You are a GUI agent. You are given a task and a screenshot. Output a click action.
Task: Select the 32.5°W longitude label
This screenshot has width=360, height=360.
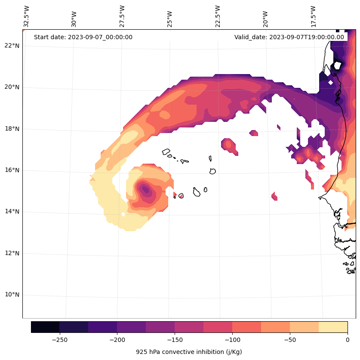(x=27, y=16)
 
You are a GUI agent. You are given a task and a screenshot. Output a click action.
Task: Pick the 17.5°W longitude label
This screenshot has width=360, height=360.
(x=313, y=16)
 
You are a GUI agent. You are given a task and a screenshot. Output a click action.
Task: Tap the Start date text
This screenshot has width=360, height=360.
(x=83, y=37)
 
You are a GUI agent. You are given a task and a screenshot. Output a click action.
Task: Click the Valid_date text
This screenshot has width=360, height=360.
(x=289, y=37)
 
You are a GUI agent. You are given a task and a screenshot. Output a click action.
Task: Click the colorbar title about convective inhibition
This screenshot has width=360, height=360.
(x=189, y=352)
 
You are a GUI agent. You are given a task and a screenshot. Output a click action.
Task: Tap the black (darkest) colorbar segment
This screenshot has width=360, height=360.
(x=45, y=327)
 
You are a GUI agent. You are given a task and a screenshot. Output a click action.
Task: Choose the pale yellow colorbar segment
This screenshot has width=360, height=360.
(x=333, y=327)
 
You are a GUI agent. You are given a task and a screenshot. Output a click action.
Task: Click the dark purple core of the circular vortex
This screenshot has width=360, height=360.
(x=145, y=189)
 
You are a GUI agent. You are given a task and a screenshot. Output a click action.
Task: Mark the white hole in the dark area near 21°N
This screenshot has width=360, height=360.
(x=337, y=65)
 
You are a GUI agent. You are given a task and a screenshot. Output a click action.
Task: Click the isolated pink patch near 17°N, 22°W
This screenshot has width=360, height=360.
(x=228, y=145)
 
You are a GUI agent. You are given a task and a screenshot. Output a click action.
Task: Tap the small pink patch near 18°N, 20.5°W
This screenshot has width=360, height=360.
(x=253, y=133)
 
